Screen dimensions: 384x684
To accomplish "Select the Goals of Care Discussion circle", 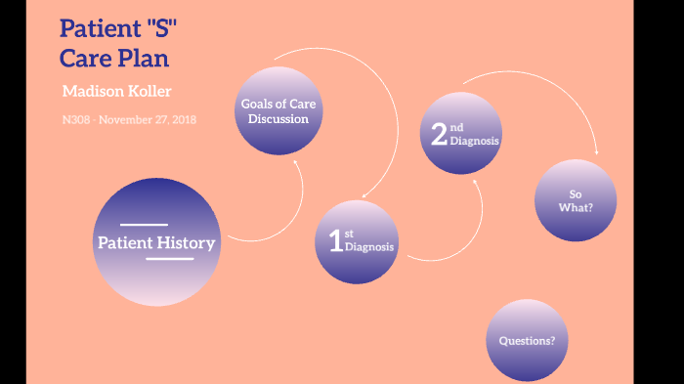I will coord(278,111).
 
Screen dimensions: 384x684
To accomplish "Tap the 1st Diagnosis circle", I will coord(358,241).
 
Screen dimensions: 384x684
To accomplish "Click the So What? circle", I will coord(576,200).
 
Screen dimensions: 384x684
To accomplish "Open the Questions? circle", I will coord(527,340).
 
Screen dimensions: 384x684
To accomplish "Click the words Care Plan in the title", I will coord(114,58).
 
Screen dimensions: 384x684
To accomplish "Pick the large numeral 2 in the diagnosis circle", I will coord(439,135).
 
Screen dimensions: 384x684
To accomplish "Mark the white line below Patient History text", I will coord(169,259).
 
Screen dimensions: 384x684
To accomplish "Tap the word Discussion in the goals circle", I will coord(278,119).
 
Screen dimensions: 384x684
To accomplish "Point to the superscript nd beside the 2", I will coord(457,127).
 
